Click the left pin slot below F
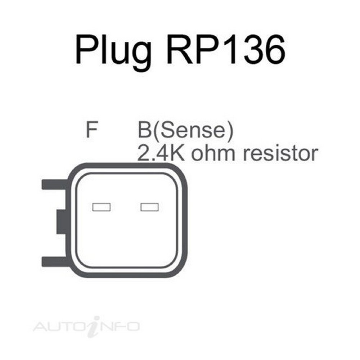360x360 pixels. point(101,207)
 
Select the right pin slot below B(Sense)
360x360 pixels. point(149,207)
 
